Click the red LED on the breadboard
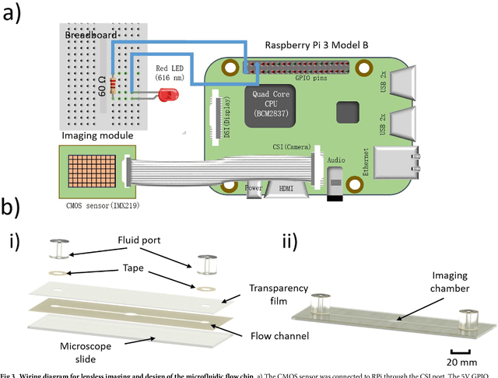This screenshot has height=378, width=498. click(165, 96)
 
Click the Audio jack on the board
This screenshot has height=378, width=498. click(335, 183)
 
